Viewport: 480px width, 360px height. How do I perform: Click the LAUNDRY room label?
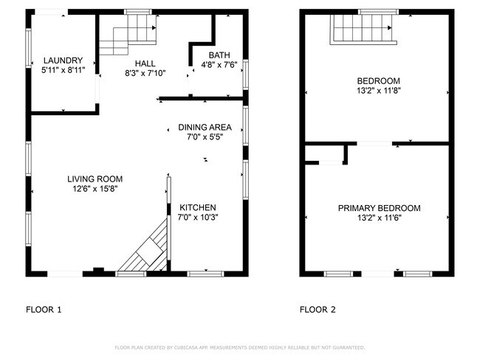click(x=63, y=60)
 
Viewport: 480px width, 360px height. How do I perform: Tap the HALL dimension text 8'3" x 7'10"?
click(x=145, y=73)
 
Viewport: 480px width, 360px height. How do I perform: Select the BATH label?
click(x=219, y=55)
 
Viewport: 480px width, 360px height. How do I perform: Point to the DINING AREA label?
click(x=205, y=127)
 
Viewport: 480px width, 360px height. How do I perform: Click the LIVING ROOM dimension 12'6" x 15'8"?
click(x=95, y=189)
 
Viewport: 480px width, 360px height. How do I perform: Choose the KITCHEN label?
click(x=198, y=208)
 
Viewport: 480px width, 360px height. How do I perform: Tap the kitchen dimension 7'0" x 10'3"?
click(x=198, y=218)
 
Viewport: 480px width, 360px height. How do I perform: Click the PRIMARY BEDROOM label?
click(x=380, y=208)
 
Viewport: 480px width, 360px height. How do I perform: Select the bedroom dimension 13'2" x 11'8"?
click(x=379, y=91)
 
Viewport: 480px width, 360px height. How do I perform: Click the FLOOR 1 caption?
click(x=44, y=310)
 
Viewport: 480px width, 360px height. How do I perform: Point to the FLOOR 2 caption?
click(x=318, y=310)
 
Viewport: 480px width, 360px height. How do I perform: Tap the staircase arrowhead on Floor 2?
click(x=390, y=28)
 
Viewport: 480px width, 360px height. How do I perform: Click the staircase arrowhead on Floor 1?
click(x=154, y=28)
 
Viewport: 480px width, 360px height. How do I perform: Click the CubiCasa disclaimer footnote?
click(x=240, y=347)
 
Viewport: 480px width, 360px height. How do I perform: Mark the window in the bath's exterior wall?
click(x=245, y=75)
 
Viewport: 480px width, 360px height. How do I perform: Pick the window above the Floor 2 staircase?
click(x=379, y=12)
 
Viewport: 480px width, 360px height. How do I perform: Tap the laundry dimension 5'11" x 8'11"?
click(x=63, y=70)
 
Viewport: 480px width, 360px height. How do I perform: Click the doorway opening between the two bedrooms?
click(x=374, y=143)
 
